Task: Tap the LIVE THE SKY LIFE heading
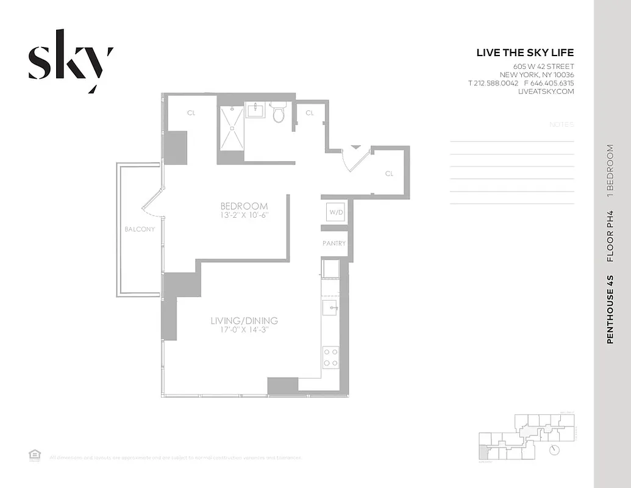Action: pyautogui.click(x=525, y=53)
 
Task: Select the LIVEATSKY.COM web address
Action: pyautogui.click(x=546, y=91)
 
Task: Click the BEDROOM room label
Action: pyautogui.click(x=244, y=206)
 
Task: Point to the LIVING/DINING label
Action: pyautogui.click(x=244, y=321)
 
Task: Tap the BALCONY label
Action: pyautogui.click(x=140, y=229)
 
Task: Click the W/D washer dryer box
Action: pyautogui.click(x=336, y=212)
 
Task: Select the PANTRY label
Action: pyautogui.click(x=334, y=243)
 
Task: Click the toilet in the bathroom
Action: pyautogui.click(x=279, y=113)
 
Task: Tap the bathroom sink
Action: pyautogui.click(x=255, y=111)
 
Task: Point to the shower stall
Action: pyautogui.click(x=230, y=128)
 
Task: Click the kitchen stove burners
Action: pyautogui.click(x=331, y=357)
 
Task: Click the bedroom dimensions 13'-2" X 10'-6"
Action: pyautogui.click(x=244, y=215)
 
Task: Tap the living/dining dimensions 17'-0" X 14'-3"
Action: pyautogui.click(x=244, y=331)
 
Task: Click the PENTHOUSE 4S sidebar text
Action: pyautogui.click(x=610, y=310)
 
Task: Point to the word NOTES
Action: pyautogui.click(x=561, y=124)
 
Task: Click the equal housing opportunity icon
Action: pyautogui.click(x=34, y=454)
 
